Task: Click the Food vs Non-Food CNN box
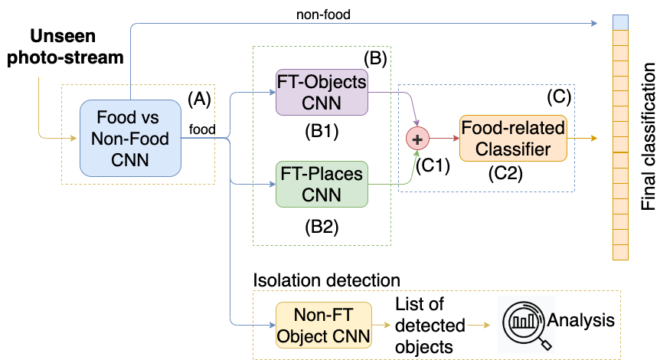[x=130, y=139]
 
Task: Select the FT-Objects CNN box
[x=322, y=92]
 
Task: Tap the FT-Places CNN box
[x=322, y=184]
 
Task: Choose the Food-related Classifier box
[x=513, y=139]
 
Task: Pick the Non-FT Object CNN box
[x=323, y=325]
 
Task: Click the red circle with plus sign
[x=417, y=139]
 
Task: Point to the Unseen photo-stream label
[x=65, y=46]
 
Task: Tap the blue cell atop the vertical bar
[x=620, y=23]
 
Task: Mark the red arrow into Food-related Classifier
[x=444, y=139]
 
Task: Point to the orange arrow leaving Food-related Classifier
[x=582, y=139]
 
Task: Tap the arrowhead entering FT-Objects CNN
[x=271, y=92]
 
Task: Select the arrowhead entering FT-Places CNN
[x=271, y=184]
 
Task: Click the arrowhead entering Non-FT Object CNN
[x=271, y=325]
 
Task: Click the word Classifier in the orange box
[x=513, y=149]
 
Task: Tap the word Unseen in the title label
[x=65, y=36]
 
